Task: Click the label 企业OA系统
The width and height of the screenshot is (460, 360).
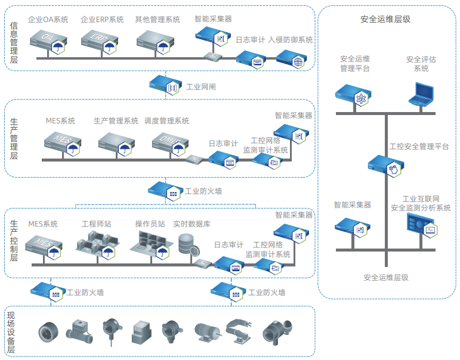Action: coord(48,20)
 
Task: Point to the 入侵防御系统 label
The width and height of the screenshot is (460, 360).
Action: coord(291,40)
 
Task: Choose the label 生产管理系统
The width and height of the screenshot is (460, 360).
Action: coord(116,121)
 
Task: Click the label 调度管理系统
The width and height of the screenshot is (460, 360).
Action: coord(167,121)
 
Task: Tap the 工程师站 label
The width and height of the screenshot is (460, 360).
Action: coord(97,224)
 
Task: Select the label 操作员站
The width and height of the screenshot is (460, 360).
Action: coord(150,224)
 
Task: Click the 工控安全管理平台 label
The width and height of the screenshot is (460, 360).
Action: coord(419,146)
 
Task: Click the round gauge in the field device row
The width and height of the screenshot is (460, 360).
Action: coord(50,332)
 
